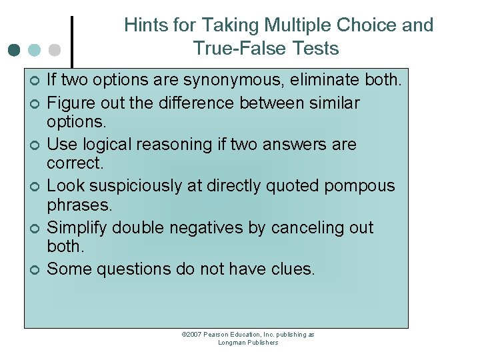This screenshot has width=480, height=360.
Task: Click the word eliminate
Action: pyautogui.click(x=326, y=81)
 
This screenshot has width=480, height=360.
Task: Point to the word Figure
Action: pyautogui.click(x=70, y=103)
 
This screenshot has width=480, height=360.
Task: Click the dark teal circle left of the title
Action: pyautogui.click(x=15, y=50)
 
